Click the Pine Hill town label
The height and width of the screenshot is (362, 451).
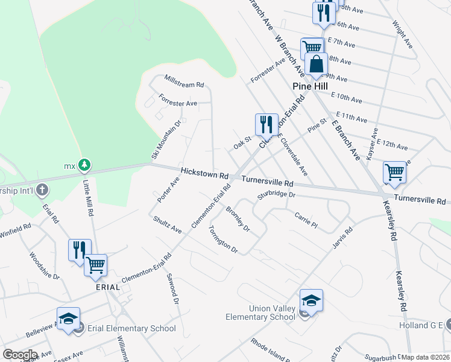pos(311,86)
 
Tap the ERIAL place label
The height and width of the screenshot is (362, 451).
pos(107,287)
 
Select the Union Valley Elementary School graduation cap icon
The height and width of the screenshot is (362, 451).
pos(311,300)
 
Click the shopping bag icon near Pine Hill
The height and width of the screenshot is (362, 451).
pos(316,64)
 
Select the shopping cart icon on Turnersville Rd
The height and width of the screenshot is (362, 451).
pos(394,173)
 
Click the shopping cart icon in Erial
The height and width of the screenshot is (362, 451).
pos(96,265)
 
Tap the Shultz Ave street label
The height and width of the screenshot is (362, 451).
pos(167,225)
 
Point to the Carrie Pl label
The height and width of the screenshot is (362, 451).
pos(306,220)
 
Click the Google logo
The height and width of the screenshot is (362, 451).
pos(20,355)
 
